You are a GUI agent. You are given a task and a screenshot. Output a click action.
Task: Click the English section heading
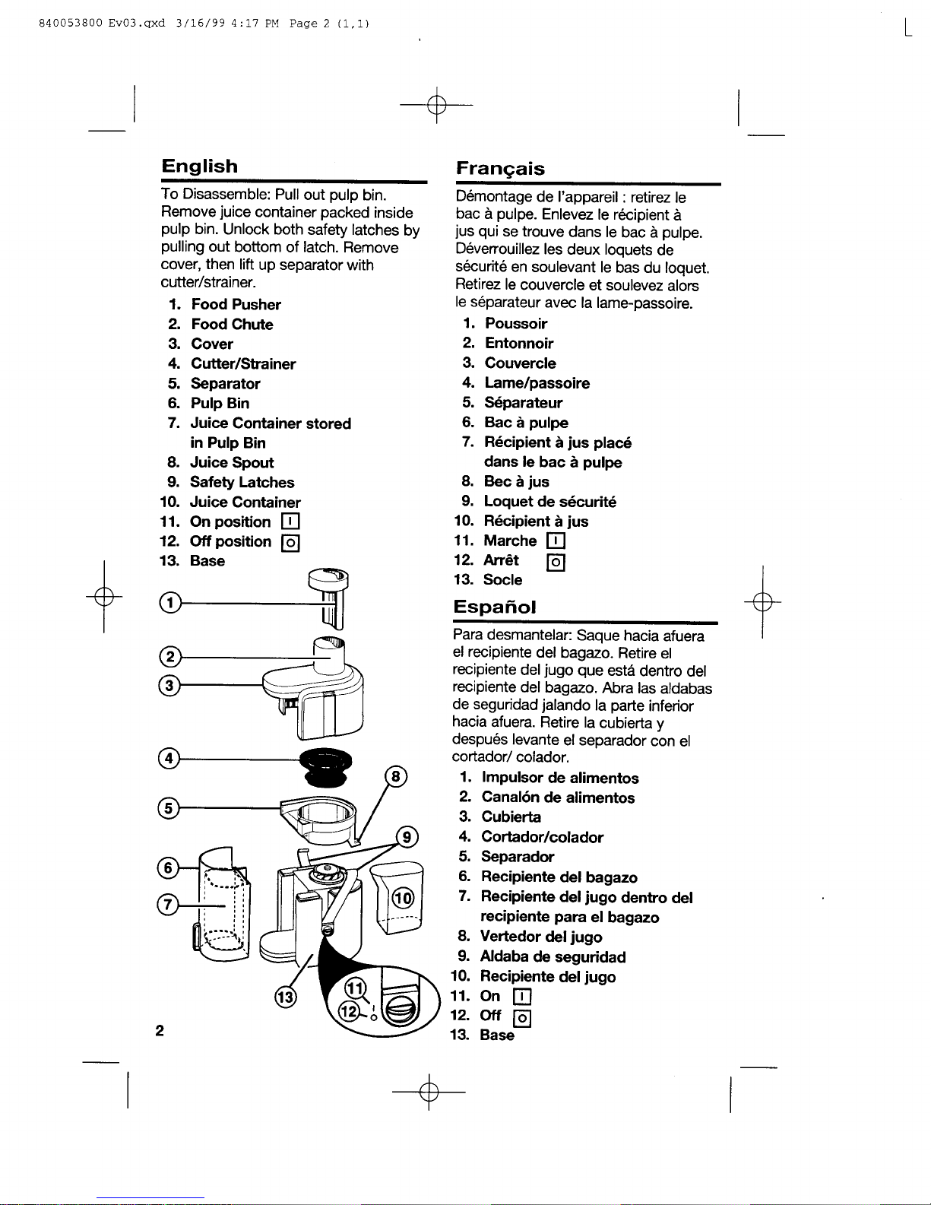199,166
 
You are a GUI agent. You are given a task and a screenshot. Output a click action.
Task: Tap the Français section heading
500,169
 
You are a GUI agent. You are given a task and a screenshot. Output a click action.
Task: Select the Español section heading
495,607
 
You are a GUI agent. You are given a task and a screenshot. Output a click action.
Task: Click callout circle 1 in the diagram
171,604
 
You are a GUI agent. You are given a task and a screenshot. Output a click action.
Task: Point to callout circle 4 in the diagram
169,758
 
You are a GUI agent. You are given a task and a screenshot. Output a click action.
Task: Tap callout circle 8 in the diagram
397,777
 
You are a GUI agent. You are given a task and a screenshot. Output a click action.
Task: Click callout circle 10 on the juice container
402,898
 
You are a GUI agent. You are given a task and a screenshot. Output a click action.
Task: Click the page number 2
160,1031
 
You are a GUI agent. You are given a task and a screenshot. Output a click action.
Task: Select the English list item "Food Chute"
232,325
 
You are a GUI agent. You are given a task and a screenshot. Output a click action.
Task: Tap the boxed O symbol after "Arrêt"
556,562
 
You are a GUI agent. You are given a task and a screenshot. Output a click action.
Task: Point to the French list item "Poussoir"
516,324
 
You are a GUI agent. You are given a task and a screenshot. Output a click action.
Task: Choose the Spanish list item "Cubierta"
511,817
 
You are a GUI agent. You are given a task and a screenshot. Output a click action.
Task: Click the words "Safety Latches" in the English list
242,483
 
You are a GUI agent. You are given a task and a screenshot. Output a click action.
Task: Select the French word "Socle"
503,580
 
